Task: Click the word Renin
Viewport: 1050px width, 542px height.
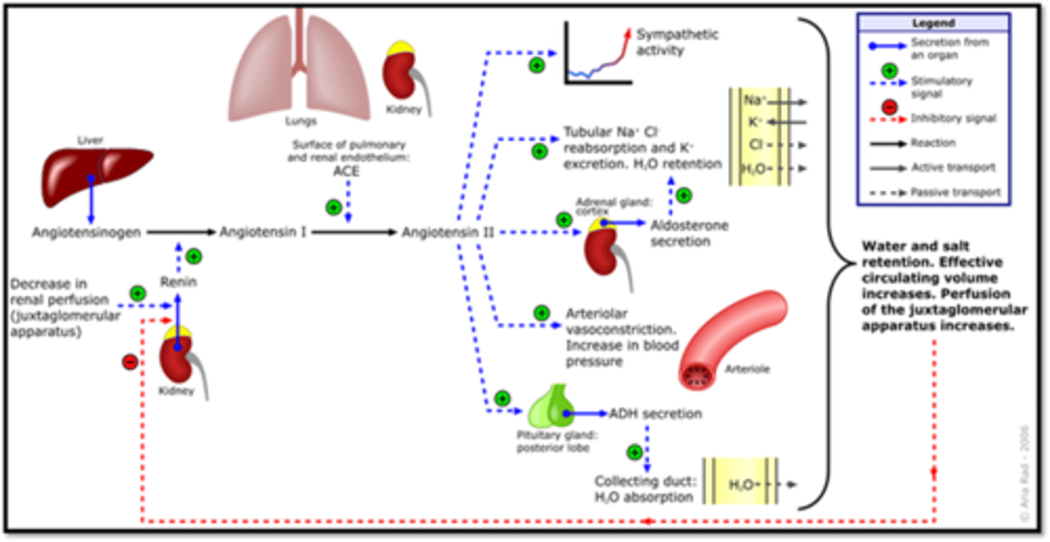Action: click(x=179, y=282)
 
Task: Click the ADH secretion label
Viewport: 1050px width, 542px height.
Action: click(x=655, y=414)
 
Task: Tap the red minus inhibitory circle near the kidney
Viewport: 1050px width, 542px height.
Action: click(x=130, y=360)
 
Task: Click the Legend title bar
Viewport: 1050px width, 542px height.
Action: click(x=933, y=23)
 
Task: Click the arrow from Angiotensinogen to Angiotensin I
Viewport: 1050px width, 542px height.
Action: click(x=182, y=232)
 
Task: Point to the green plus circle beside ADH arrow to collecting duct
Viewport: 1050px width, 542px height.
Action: click(x=635, y=452)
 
